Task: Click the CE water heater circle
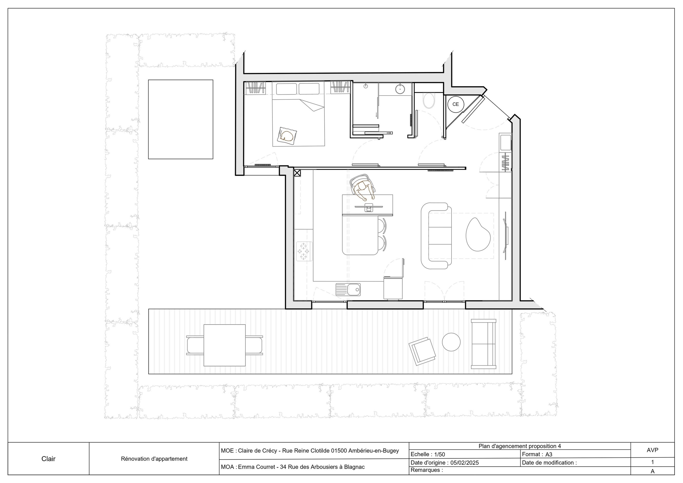[455, 104]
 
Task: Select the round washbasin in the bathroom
[400, 88]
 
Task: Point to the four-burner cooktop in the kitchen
[304, 251]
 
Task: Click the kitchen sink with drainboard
[348, 289]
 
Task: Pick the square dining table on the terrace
[225, 345]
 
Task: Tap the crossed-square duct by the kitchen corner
[297, 173]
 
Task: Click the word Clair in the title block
[49, 459]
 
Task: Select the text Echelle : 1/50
[428, 454]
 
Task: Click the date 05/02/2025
[465, 463]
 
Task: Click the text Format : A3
[537, 454]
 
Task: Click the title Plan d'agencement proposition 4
[519, 446]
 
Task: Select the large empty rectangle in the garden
[181, 119]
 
